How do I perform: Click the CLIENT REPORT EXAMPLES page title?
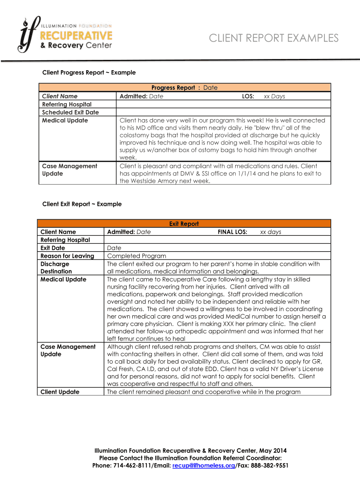[x=274, y=38]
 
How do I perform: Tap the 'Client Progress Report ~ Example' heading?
[x=89, y=73]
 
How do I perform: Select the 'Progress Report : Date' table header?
[x=184, y=87]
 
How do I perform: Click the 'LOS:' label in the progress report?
[x=248, y=96]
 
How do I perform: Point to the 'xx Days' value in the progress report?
[x=274, y=96]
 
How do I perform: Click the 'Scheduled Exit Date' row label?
[x=70, y=112]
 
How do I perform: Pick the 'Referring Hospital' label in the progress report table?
[x=67, y=104]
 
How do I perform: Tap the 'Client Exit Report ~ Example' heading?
[x=82, y=204]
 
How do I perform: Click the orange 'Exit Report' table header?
[x=184, y=224]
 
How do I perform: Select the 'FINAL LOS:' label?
[x=232, y=232]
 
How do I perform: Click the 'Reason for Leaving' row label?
[x=67, y=256]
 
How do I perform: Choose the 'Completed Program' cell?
[x=137, y=256]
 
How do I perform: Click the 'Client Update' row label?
[x=60, y=392]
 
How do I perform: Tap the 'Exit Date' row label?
[x=53, y=248]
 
